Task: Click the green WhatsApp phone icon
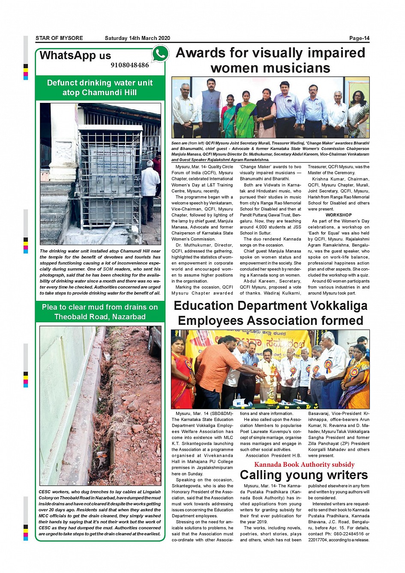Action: [x=160, y=54]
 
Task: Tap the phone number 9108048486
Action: [x=130, y=65]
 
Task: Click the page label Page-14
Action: [x=359, y=38]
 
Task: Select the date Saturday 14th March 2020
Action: [x=137, y=38]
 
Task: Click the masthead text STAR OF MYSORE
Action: [x=59, y=38]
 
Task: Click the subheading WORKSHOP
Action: [x=339, y=215]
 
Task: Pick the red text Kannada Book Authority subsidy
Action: [x=304, y=465]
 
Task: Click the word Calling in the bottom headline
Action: [x=264, y=475]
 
